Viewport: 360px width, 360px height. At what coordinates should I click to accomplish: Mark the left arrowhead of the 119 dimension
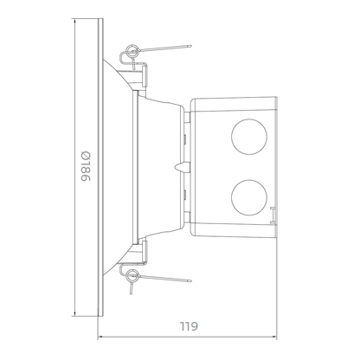(x=99, y=337)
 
